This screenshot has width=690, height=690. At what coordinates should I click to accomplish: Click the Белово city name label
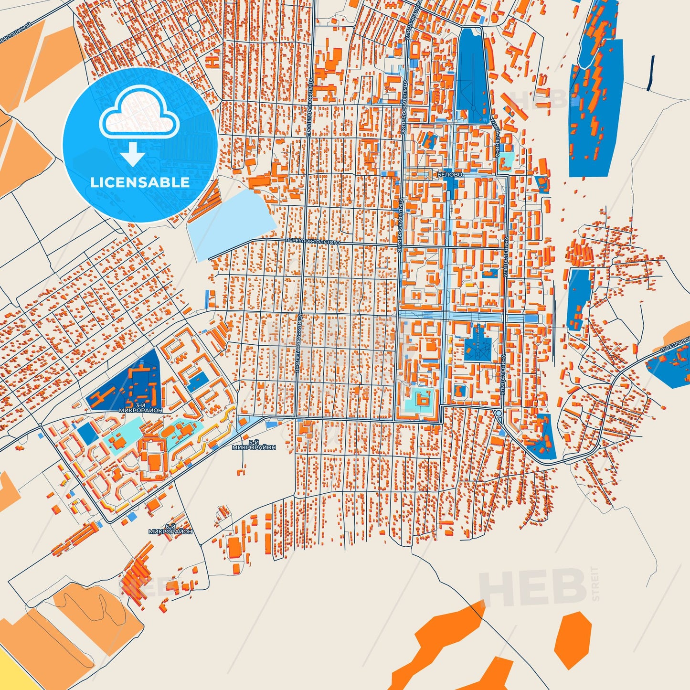coord(450,175)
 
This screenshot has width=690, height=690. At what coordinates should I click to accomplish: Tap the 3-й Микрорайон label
coord(141,408)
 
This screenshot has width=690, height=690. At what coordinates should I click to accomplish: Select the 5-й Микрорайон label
coord(254,445)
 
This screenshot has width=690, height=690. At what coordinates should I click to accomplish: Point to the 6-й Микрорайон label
coord(170,529)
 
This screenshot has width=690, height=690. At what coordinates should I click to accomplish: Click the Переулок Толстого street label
coord(313,242)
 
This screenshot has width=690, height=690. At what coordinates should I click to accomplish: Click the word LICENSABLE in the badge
coord(140,182)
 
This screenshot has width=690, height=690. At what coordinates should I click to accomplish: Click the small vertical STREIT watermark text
coord(594,584)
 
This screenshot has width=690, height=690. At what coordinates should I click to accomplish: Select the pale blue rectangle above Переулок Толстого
coord(231,222)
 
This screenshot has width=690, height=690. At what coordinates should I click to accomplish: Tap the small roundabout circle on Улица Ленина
coord(499,413)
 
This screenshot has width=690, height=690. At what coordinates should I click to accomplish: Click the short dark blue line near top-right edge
coord(650,73)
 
